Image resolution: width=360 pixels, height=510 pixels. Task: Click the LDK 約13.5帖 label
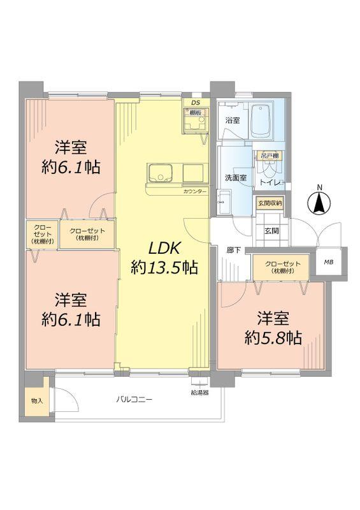point(164,258)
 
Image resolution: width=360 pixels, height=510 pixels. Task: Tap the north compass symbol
point(319,202)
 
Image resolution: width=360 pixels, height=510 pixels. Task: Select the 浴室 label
point(233,120)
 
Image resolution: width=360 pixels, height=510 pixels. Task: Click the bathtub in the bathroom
point(261,121)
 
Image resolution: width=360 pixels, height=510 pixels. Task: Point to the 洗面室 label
point(236,178)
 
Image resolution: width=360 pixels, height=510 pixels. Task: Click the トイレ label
point(270,183)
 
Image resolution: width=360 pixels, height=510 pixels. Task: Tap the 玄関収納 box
point(270,203)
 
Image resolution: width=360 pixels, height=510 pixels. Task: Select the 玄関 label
point(271,231)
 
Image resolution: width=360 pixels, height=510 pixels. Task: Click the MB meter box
point(329,262)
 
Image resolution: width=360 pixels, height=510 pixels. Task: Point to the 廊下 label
point(234,250)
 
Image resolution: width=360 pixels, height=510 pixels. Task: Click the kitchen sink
point(161,173)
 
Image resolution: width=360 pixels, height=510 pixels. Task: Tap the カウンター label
point(194,192)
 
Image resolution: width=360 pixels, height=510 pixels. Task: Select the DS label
point(196,103)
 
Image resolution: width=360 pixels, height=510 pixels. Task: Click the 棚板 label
point(195,113)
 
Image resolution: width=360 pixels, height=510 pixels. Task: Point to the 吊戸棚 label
point(270,156)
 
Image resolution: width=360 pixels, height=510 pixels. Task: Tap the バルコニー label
point(134,399)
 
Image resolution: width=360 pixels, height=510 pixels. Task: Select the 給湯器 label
point(199,393)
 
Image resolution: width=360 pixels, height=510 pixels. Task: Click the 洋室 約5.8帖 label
point(273,328)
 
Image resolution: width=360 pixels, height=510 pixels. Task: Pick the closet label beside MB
point(282,267)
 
